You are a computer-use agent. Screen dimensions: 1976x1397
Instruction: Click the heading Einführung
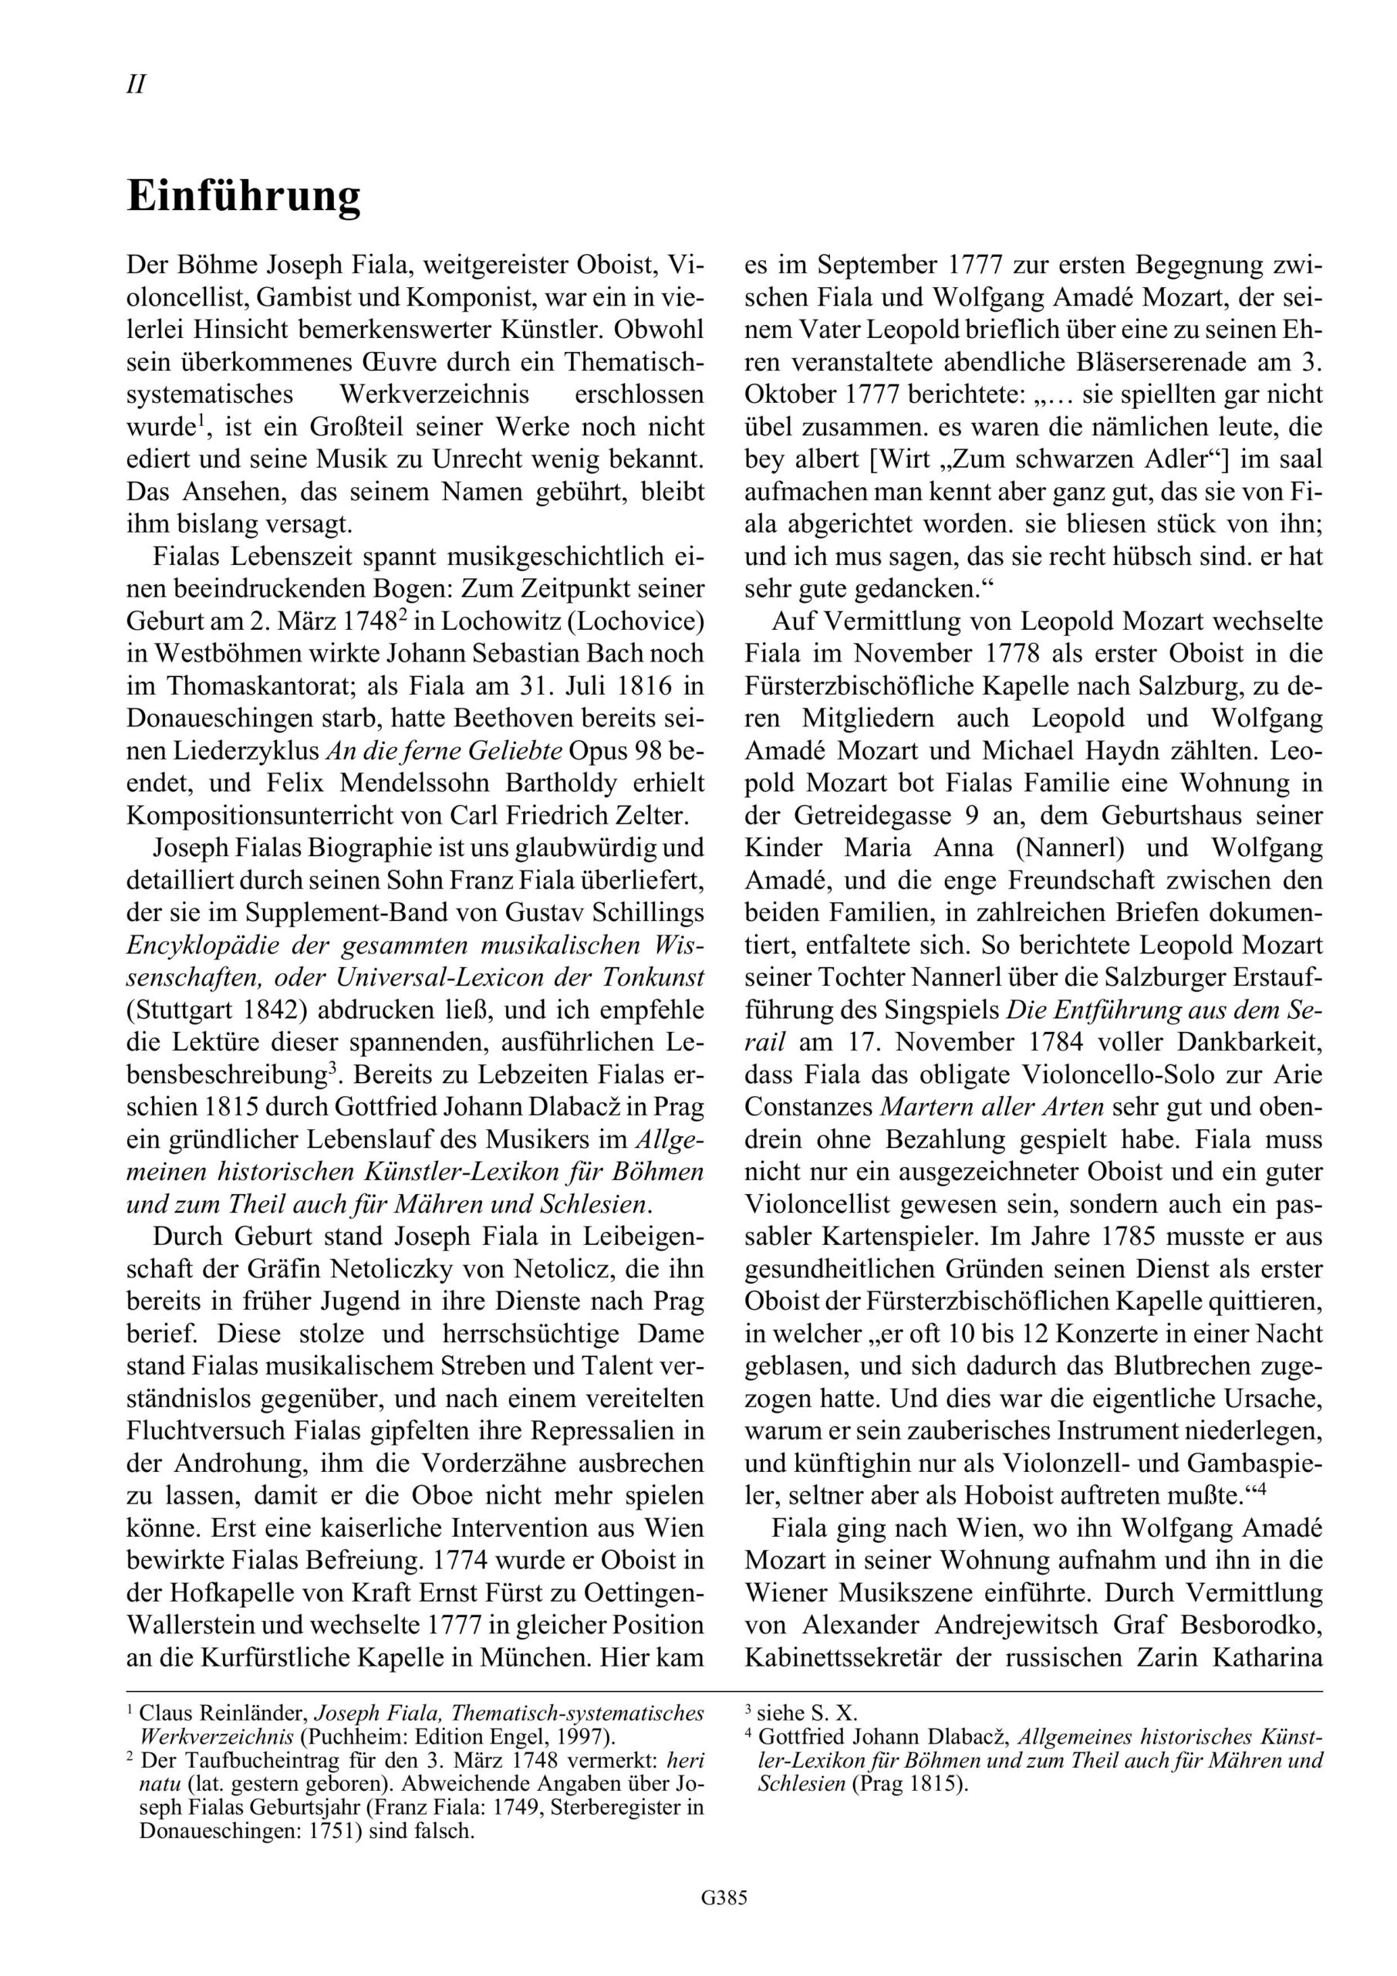click(x=244, y=197)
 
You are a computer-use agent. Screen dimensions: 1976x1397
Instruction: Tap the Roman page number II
click(x=136, y=85)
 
